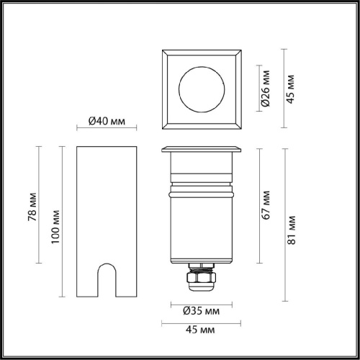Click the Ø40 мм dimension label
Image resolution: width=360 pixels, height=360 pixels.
107,121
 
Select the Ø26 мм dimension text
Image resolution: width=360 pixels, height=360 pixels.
265,89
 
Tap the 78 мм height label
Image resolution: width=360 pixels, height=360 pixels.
32,207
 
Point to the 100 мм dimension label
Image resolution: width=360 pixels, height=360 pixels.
55,227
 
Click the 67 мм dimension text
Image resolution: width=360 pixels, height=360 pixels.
266,205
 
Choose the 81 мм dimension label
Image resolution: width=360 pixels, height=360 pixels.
292,230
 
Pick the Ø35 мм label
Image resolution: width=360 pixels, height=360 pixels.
201,311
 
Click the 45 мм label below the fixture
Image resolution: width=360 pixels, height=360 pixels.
200,330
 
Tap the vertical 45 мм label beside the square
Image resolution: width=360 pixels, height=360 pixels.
290,89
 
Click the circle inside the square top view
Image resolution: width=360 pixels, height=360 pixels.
202,66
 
